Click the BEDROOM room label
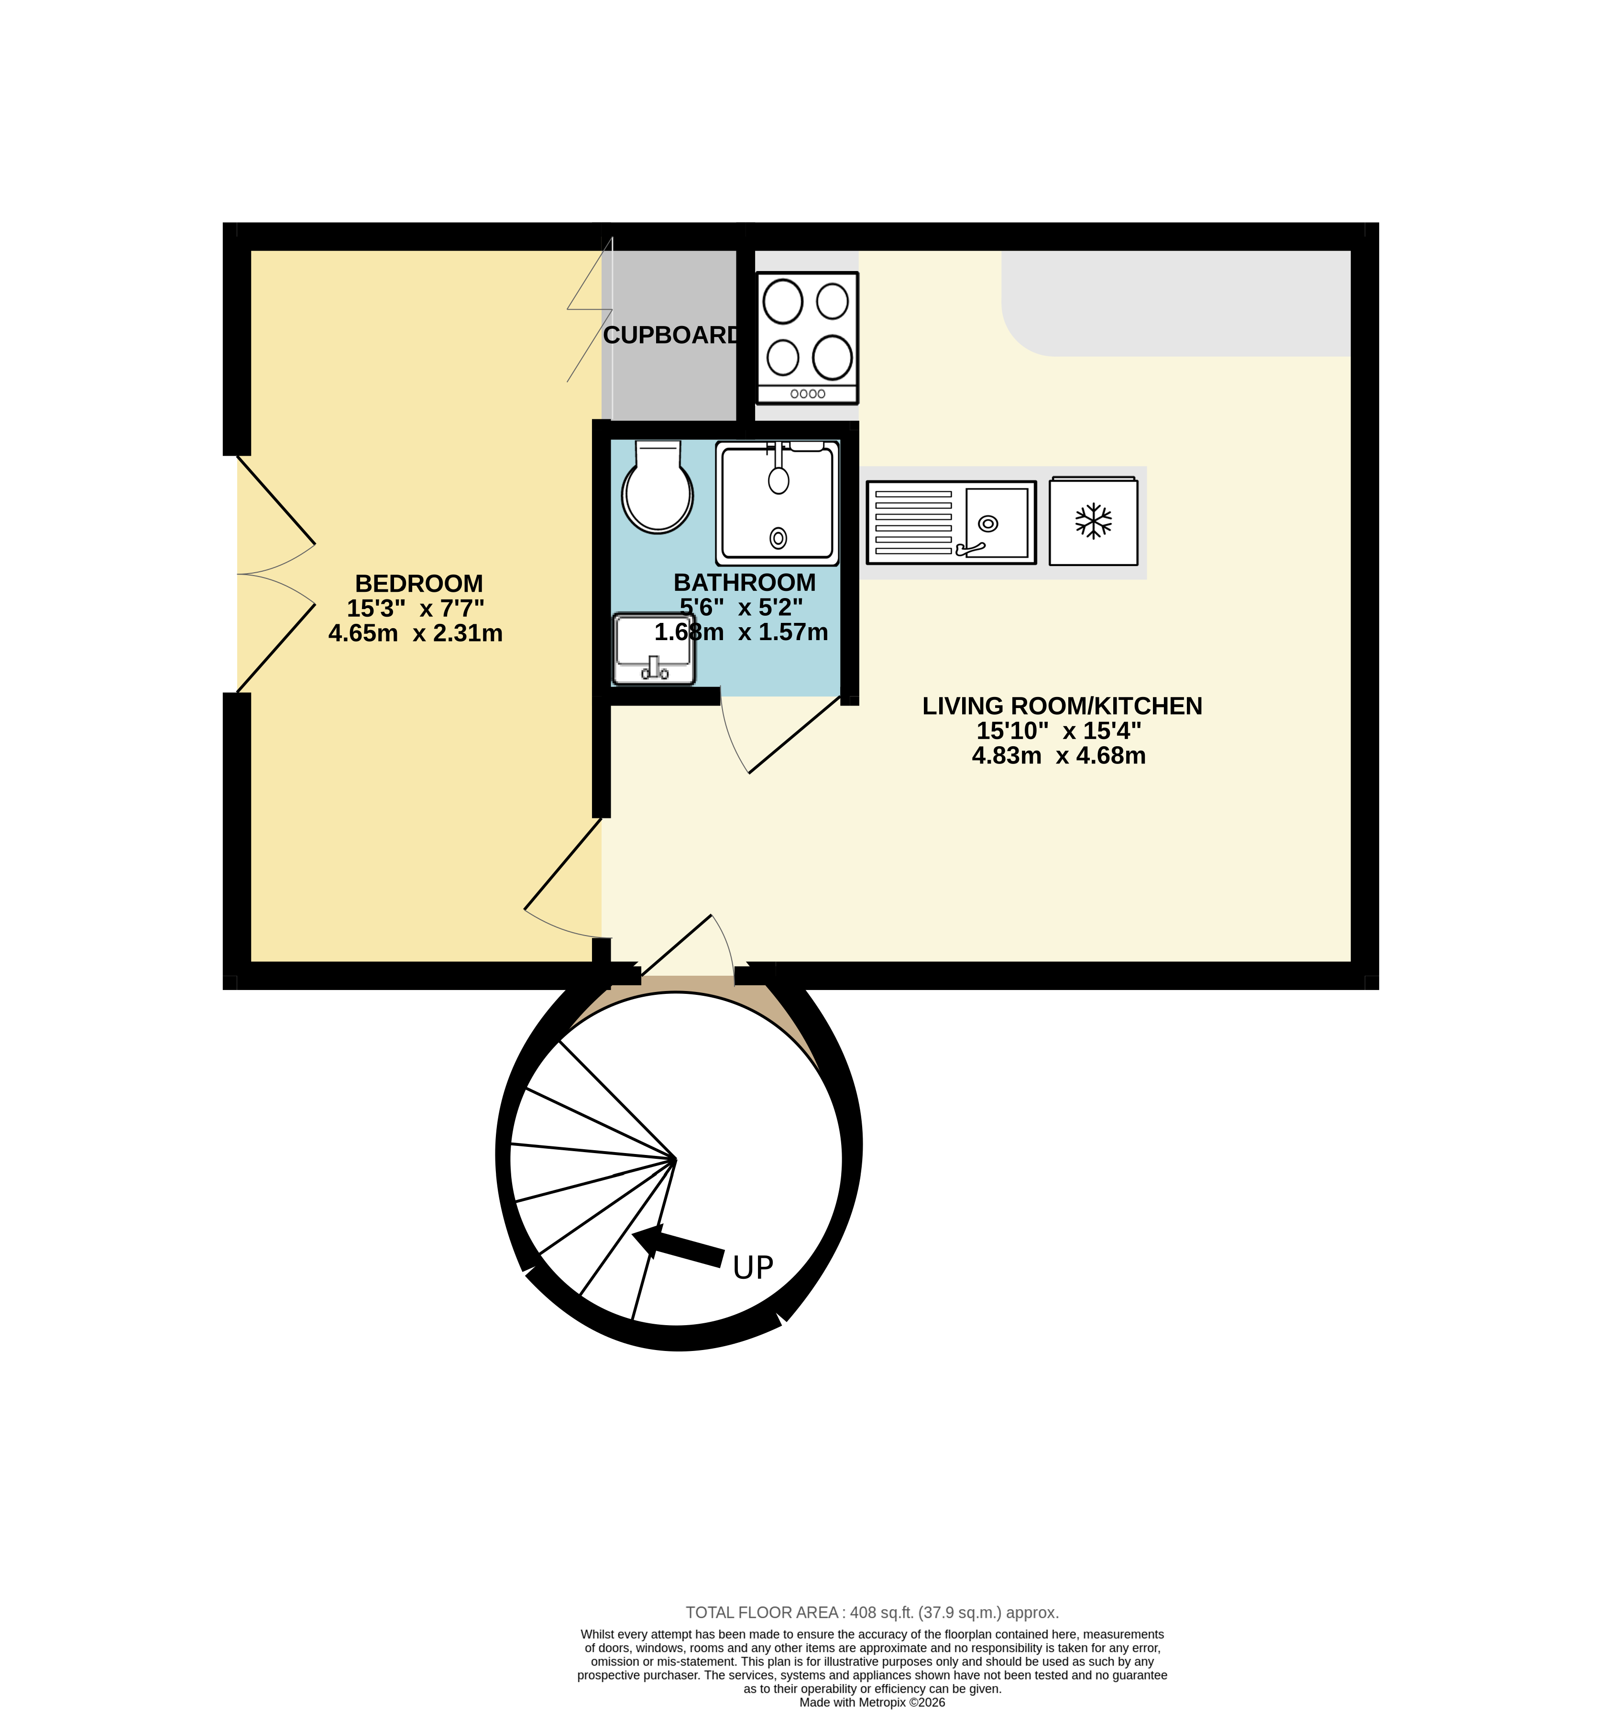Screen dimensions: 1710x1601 pyautogui.click(x=419, y=583)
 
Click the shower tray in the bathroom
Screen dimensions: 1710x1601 pyautogui.click(x=778, y=503)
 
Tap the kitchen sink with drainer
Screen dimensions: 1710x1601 pyautogui.click(x=951, y=522)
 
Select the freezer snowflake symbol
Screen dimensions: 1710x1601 pyautogui.click(x=1094, y=521)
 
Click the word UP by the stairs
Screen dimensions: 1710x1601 pyautogui.click(x=753, y=1267)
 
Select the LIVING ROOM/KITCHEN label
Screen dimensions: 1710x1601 pyautogui.click(x=1062, y=706)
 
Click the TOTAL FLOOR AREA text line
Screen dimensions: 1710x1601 pyautogui.click(x=871, y=1613)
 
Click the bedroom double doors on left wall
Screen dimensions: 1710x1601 pyautogui.click(x=275, y=574)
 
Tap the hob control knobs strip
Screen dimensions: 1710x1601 pyautogui.click(x=807, y=394)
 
